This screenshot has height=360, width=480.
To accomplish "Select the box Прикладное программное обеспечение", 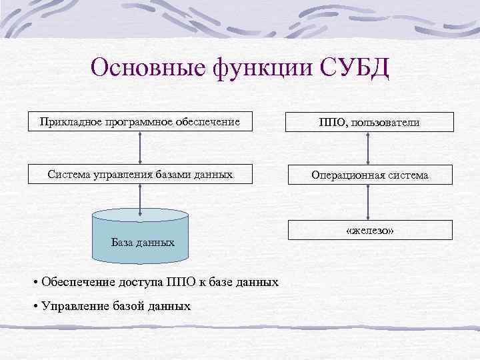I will click(140, 121).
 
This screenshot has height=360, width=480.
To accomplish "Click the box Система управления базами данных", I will click(140, 175).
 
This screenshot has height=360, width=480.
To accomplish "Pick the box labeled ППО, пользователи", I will click(369, 122).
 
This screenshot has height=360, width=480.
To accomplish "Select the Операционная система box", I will click(369, 175).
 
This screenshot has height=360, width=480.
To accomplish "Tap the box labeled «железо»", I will click(369, 229).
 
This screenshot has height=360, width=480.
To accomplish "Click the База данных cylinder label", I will click(143, 243).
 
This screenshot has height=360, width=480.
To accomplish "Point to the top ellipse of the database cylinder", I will click(140, 215).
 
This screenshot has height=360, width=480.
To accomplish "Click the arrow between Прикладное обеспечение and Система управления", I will click(140, 148).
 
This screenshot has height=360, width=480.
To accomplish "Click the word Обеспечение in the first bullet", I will click(75, 282).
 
